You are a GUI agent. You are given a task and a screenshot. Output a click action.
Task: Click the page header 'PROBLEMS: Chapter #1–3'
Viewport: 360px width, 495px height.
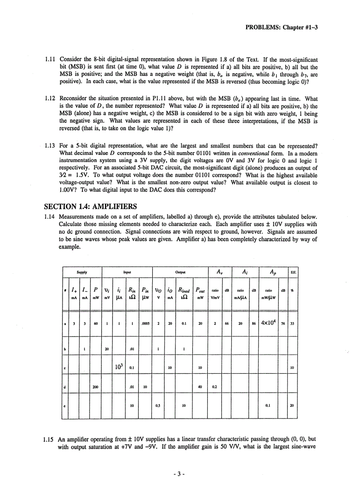[x=281, y=27]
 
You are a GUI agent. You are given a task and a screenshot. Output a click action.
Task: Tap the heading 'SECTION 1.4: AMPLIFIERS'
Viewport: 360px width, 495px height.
[x=90, y=206]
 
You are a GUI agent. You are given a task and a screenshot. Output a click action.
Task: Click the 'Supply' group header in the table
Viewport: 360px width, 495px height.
[x=82, y=272]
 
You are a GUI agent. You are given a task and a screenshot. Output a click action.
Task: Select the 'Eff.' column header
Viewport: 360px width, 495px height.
[x=293, y=272]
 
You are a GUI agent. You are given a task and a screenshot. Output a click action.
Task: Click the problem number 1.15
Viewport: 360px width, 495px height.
[x=50, y=439]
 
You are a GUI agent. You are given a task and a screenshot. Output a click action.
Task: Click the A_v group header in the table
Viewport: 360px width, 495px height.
[x=219, y=272]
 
